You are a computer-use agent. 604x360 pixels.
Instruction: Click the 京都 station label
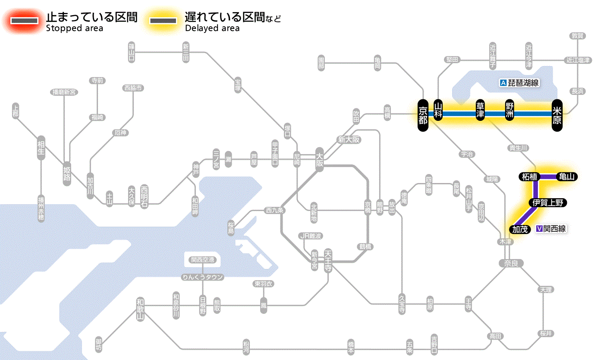[x=423, y=114]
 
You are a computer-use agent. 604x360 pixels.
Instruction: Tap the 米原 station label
[x=557, y=114]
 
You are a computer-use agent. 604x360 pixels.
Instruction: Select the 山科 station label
[x=438, y=111]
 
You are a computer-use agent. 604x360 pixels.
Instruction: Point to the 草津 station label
[x=481, y=111]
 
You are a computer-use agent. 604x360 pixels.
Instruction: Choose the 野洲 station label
[x=510, y=111]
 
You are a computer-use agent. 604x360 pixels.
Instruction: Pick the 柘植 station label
[x=529, y=177]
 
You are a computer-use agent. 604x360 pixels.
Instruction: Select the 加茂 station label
[x=520, y=229]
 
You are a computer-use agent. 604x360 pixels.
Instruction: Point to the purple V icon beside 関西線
[x=539, y=229]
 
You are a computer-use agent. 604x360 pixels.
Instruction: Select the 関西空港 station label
[x=202, y=259]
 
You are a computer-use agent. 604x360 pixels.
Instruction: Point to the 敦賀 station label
[x=577, y=36]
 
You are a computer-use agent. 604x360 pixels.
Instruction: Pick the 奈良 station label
[x=510, y=263]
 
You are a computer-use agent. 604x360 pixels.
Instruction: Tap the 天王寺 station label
[x=328, y=260]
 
